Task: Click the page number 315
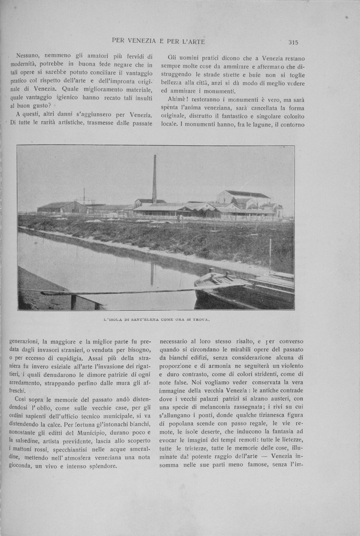[292, 42]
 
